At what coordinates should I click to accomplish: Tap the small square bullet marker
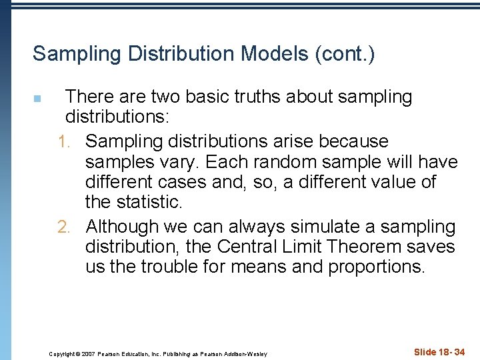37,99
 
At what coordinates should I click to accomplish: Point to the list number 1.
64,142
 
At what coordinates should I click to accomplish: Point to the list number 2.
64,227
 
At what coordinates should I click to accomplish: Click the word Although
123,227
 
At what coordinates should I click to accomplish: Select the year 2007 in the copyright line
89,353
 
